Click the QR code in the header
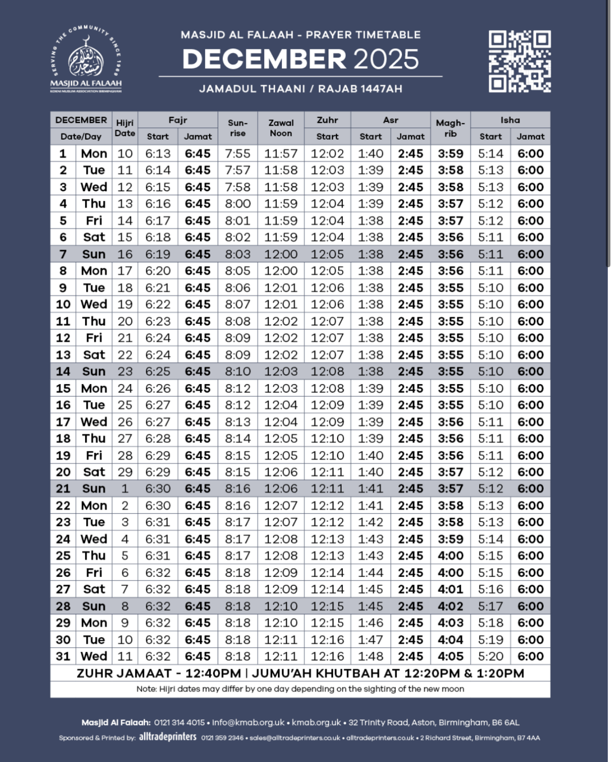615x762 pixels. click(520, 61)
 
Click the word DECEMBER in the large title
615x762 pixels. click(264, 59)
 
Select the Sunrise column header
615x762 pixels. click(238, 128)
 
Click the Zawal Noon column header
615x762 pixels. click(281, 128)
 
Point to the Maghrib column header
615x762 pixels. click(450, 128)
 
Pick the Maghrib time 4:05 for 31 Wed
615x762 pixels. click(450, 656)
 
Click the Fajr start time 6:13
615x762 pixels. click(158, 154)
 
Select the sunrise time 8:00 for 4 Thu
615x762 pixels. click(238, 204)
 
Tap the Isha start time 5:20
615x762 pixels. click(491, 656)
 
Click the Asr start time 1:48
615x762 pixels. click(370, 656)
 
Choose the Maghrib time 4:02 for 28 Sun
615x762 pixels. click(450, 606)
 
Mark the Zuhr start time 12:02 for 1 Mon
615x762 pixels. click(327, 154)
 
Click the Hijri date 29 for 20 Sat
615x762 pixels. click(125, 472)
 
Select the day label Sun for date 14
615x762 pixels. click(94, 371)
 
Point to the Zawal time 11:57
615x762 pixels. click(281, 154)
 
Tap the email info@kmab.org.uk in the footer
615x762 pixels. click(248, 722)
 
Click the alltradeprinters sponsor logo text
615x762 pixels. click(168, 737)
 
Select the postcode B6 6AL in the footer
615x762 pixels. click(505, 722)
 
